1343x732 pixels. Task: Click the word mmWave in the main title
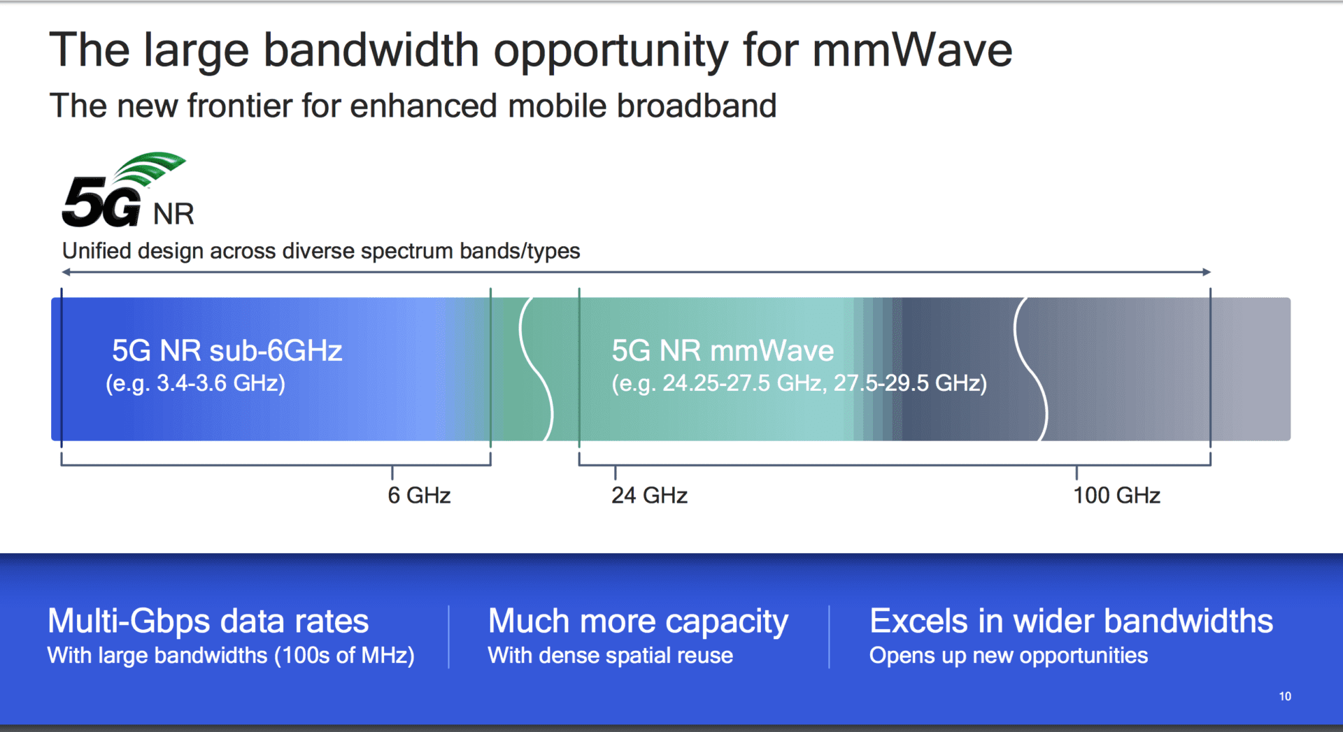coord(911,50)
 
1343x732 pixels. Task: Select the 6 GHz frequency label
coord(419,496)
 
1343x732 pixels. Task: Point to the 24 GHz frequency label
coord(649,496)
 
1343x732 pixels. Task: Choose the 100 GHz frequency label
coord(1116,496)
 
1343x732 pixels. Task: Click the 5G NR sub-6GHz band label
coord(227,350)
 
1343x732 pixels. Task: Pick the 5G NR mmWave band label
coord(723,350)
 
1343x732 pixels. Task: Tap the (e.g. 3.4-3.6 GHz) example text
coord(195,383)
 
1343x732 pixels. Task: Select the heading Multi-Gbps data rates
coord(208,621)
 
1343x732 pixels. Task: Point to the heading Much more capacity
coord(638,621)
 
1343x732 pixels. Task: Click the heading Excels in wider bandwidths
coord(1071,621)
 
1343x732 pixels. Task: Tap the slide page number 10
coord(1285,696)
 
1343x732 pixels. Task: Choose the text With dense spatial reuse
coord(610,656)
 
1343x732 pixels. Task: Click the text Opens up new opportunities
coord(1008,656)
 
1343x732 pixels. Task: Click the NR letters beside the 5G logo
coord(173,214)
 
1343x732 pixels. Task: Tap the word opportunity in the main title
coord(610,50)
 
